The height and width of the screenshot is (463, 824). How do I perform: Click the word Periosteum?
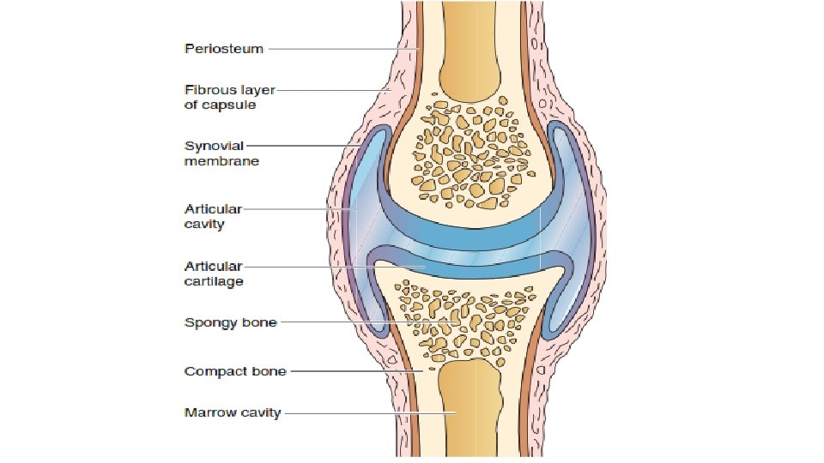[x=225, y=49]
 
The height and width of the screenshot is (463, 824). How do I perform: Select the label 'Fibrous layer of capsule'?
[x=229, y=97]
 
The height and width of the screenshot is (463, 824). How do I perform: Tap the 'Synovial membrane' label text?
[x=221, y=153]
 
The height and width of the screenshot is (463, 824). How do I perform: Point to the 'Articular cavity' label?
[x=213, y=216]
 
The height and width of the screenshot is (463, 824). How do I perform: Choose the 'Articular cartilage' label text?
[x=214, y=274]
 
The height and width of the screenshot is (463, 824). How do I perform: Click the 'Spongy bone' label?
[x=230, y=322]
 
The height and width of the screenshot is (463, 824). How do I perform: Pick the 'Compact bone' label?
[x=235, y=371]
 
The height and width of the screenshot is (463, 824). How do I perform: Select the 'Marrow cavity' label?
[x=232, y=412]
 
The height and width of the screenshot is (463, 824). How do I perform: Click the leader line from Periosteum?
[x=335, y=49]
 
